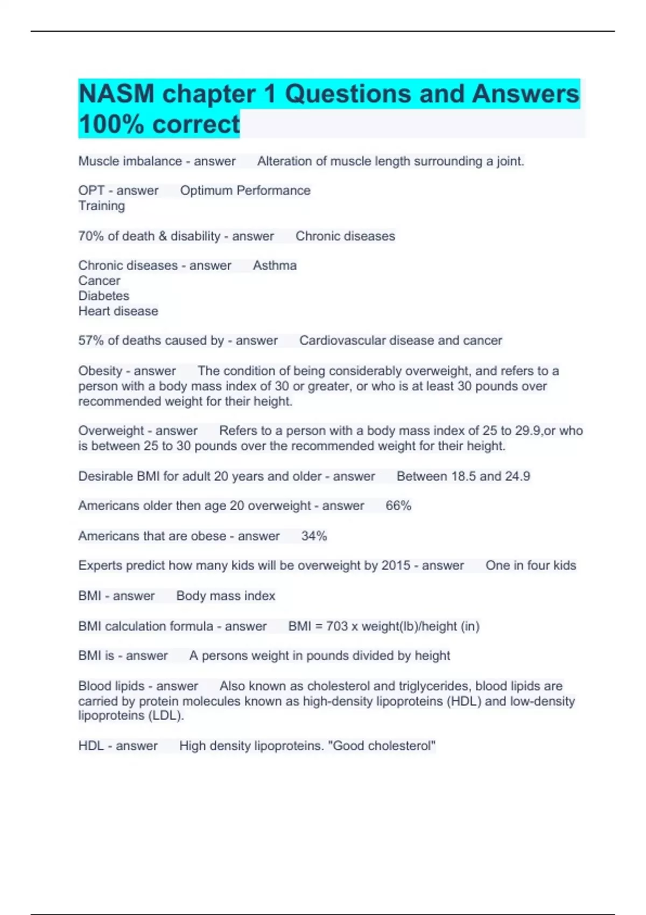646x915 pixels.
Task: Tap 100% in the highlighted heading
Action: (111, 124)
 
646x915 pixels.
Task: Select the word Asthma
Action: (275, 265)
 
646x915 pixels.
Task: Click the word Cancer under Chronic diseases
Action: (99, 280)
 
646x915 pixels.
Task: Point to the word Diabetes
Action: (104, 295)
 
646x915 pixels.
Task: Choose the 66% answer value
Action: (398, 505)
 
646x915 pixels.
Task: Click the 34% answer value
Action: (314, 536)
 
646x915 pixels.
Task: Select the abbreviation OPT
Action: (92, 191)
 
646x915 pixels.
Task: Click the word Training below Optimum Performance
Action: (101, 206)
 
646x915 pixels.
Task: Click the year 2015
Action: (396, 565)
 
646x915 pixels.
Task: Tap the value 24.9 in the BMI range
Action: (517, 476)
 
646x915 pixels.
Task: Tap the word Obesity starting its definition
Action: (100, 371)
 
